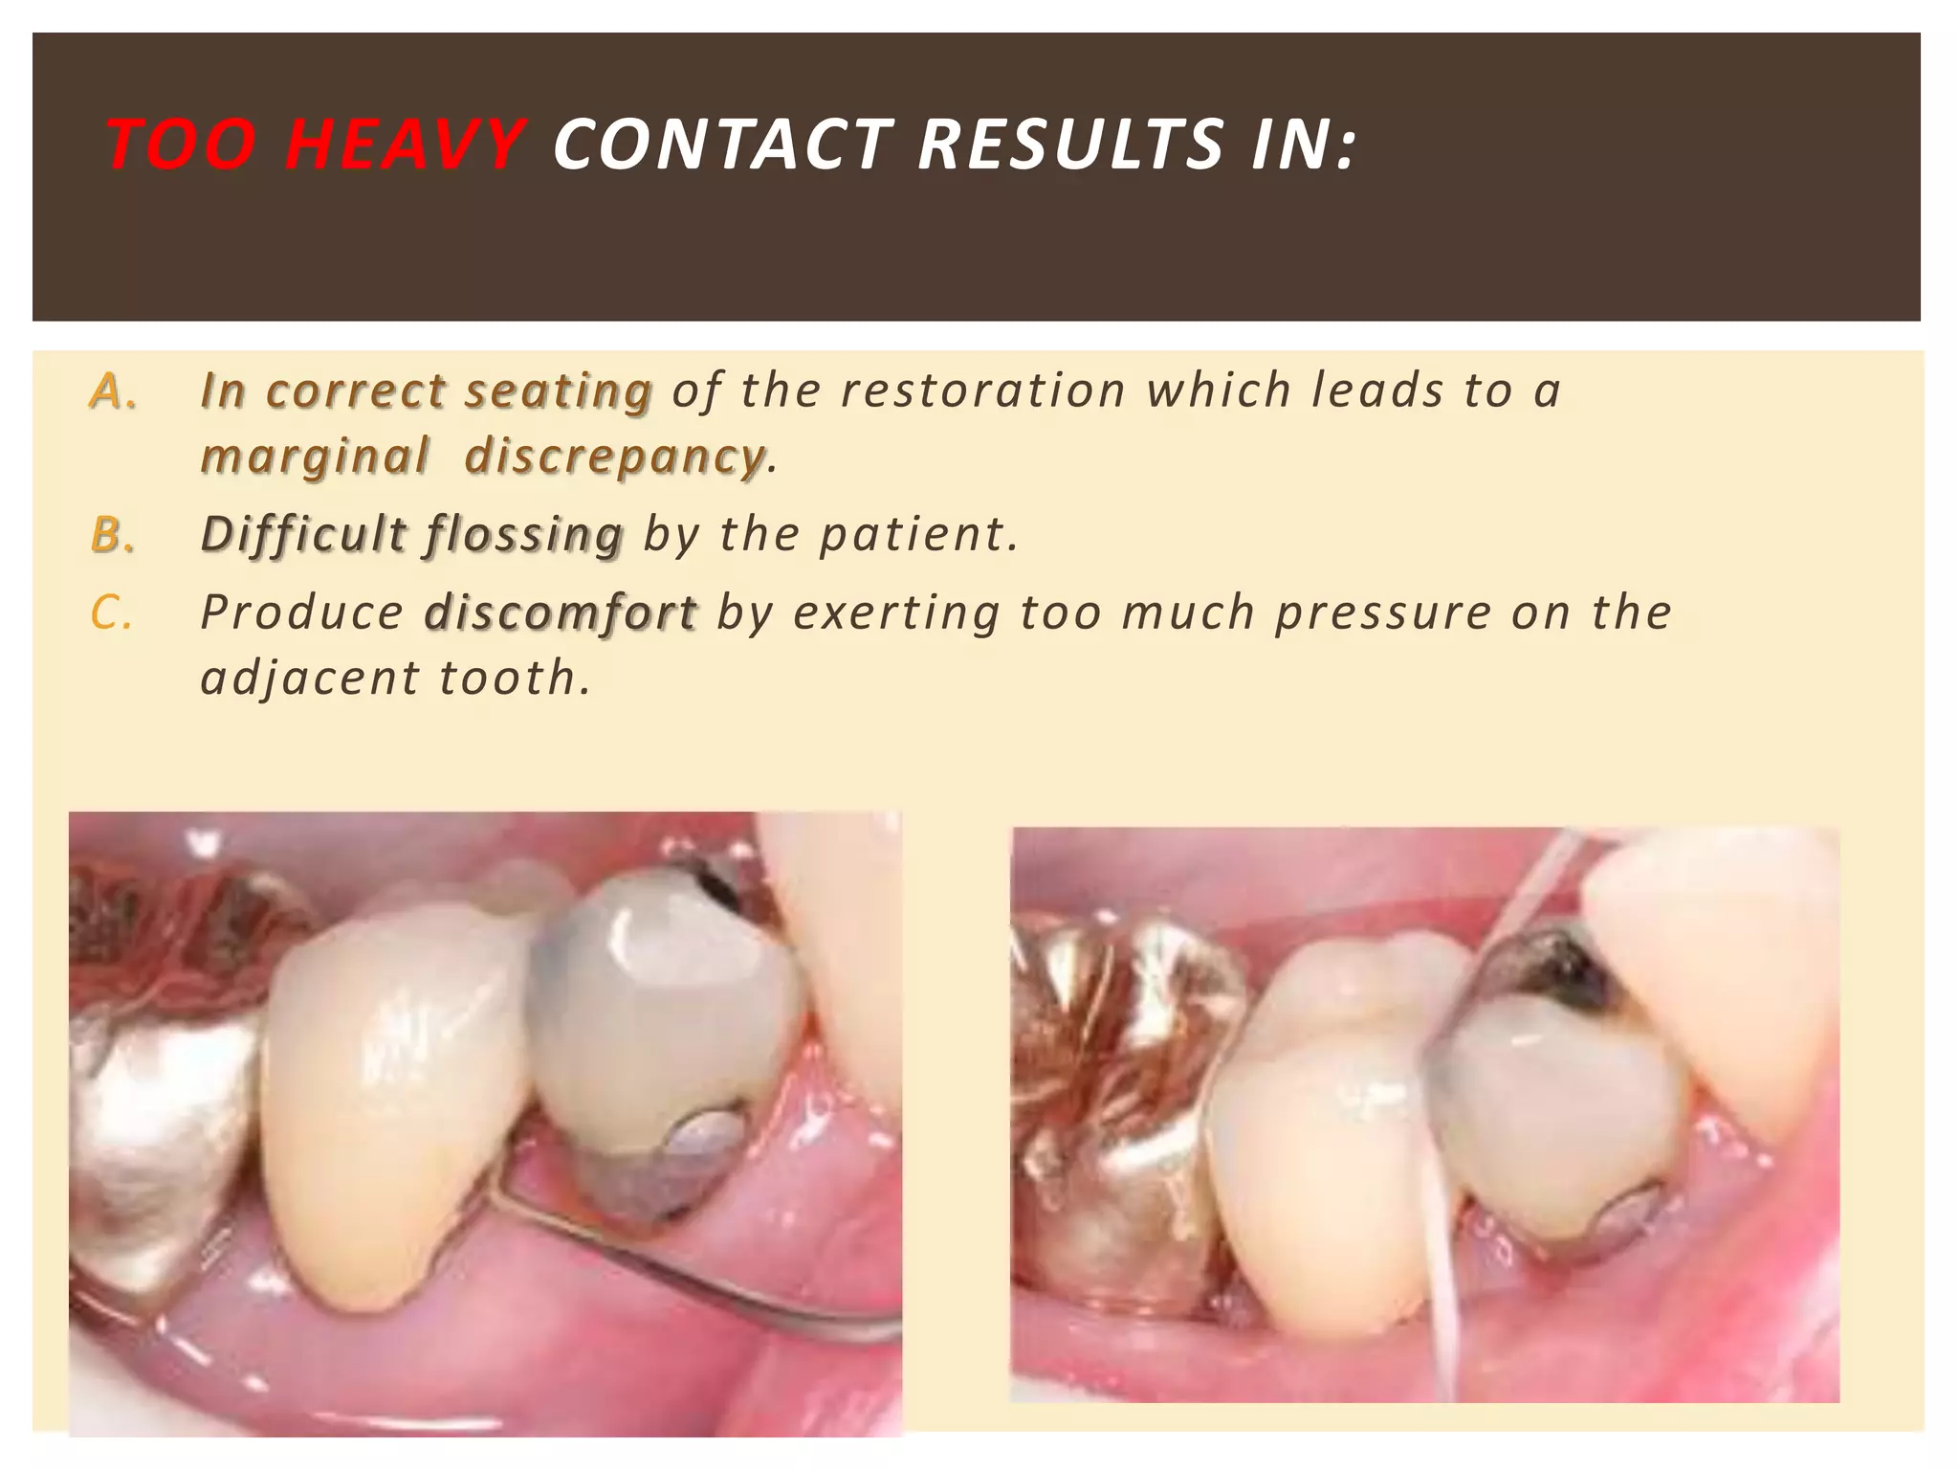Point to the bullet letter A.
113,391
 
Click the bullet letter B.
113,535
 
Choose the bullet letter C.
111,613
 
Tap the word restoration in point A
982,390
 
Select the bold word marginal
314,457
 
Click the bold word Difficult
303,534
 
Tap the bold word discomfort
561,612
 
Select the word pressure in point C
1382,613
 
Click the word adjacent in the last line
309,679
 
